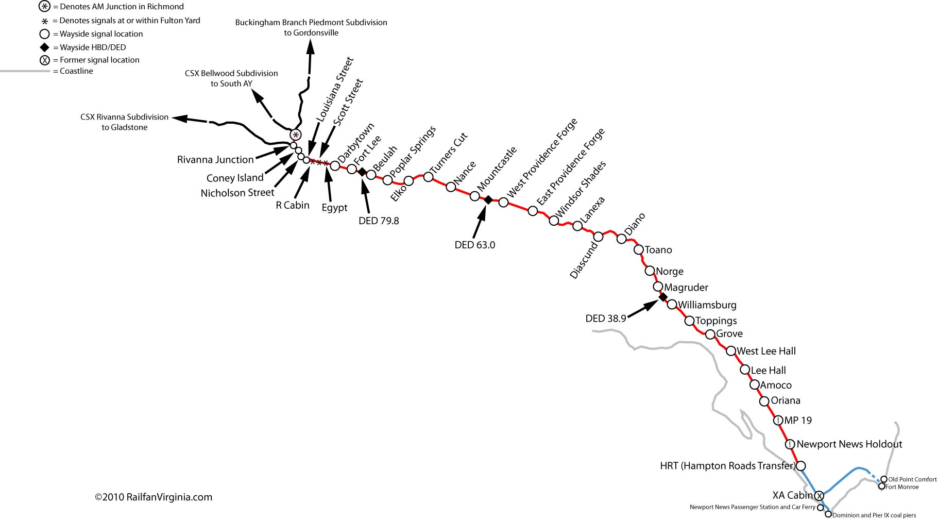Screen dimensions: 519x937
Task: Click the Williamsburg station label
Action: (707, 305)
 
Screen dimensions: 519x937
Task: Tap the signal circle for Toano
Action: (638, 249)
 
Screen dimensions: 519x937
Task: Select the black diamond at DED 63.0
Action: (488, 199)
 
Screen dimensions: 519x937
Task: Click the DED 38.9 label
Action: (605, 319)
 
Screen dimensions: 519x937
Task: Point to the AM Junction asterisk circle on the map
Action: (295, 135)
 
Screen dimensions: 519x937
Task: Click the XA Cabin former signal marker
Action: (819, 496)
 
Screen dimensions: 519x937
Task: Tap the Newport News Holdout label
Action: (849, 444)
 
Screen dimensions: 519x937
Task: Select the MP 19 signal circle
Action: (779, 421)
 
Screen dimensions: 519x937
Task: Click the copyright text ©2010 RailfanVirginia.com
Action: (154, 497)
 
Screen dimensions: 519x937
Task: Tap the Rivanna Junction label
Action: (215, 160)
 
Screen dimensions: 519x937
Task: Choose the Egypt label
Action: (334, 208)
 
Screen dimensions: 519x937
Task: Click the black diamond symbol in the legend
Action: (45, 47)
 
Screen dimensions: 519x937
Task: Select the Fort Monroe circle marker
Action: (882, 486)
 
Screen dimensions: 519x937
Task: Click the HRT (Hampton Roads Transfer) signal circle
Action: (801, 466)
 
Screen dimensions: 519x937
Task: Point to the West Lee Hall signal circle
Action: (730, 351)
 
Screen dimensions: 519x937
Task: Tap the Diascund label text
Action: (584, 260)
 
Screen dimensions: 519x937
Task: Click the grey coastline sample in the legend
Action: (23, 71)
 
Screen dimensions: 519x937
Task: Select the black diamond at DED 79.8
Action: (362, 172)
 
